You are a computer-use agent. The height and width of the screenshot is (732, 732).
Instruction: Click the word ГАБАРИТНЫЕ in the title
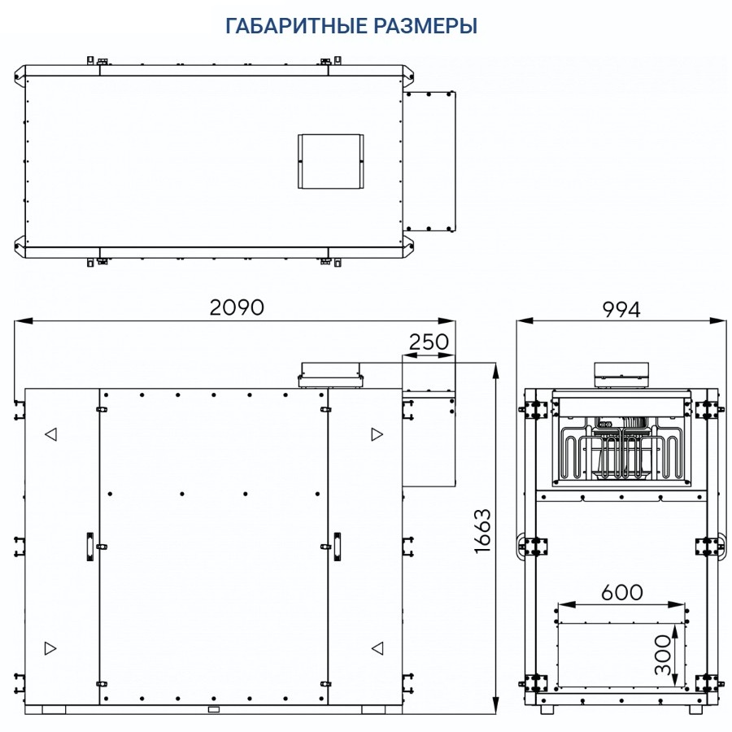click(x=294, y=26)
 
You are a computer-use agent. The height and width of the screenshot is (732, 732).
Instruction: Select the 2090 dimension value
click(x=237, y=307)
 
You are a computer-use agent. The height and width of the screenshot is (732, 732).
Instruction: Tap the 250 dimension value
click(x=429, y=342)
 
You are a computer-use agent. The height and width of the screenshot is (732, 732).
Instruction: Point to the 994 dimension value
click(x=621, y=309)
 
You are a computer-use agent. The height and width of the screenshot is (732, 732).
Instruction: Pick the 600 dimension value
click(x=621, y=592)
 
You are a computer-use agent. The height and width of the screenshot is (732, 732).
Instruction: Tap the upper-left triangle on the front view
click(x=50, y=434)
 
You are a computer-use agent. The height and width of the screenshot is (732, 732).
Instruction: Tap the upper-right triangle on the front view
click(x=377, y=434)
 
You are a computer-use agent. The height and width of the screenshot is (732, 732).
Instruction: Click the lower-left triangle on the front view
click(x=50, y=648)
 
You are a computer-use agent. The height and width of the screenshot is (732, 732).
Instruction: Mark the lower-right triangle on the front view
click(x=377, y=648)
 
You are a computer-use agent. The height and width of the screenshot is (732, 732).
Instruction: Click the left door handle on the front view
click(x=89, y=547)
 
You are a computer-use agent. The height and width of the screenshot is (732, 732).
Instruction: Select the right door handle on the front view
click(x=337, y=547)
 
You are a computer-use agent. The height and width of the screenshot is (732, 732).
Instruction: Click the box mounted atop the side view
click(x=622, y=373)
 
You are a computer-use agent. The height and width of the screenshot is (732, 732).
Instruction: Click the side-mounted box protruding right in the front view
click(x=429, y=439)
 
